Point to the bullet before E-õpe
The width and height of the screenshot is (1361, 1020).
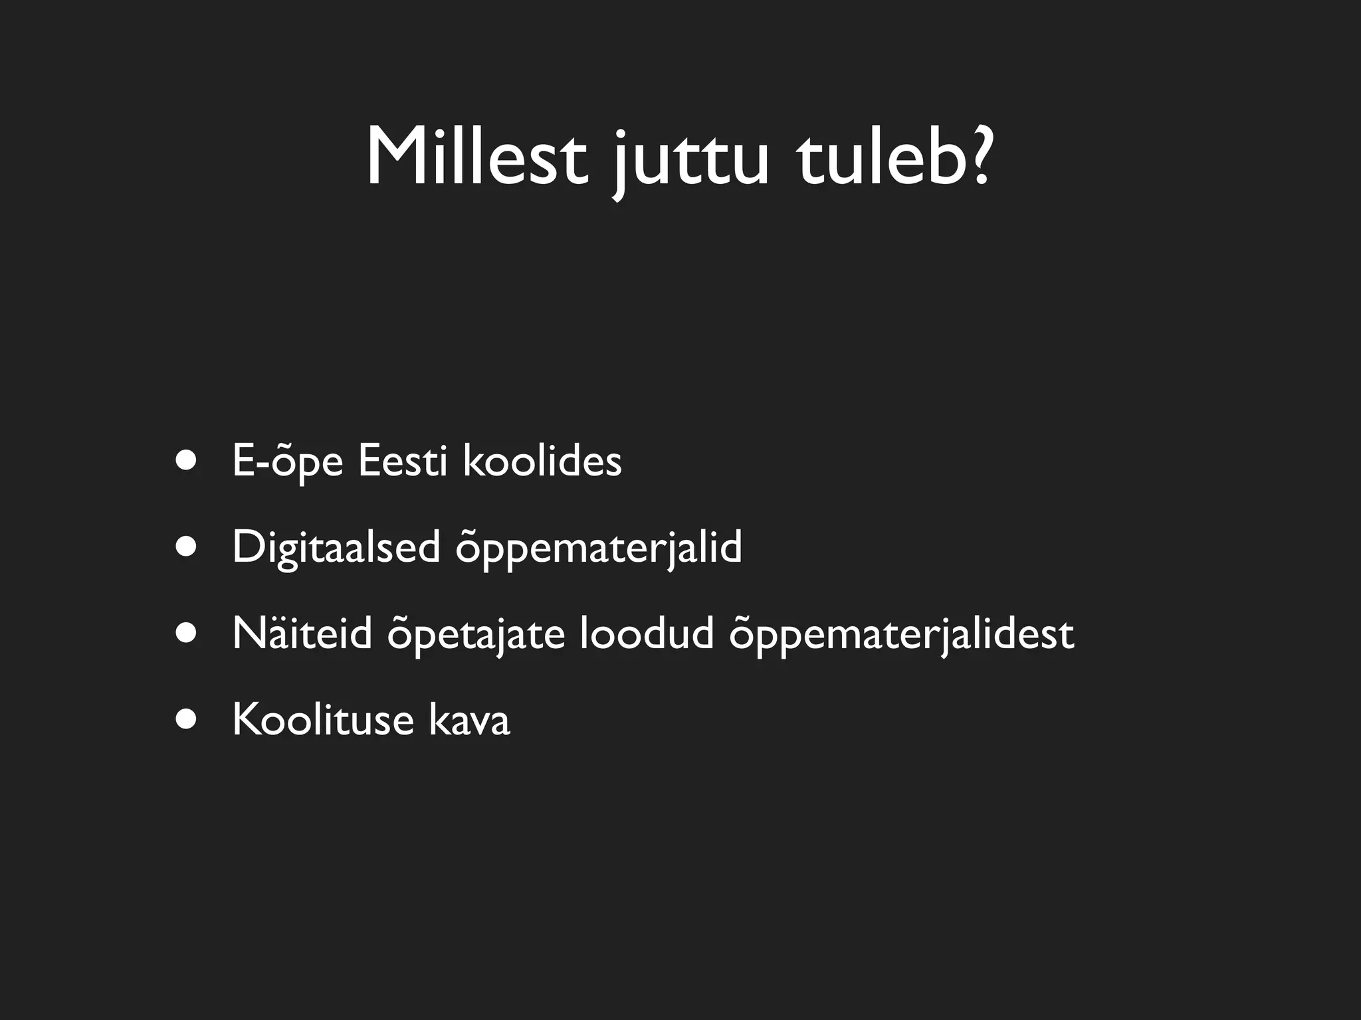(187, 460)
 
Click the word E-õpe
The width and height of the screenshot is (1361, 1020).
(287, 462)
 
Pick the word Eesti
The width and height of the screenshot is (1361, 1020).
(403, 460)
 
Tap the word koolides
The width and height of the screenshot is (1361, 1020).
(542, 460)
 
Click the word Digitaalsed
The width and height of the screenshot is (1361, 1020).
(336, 549)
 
